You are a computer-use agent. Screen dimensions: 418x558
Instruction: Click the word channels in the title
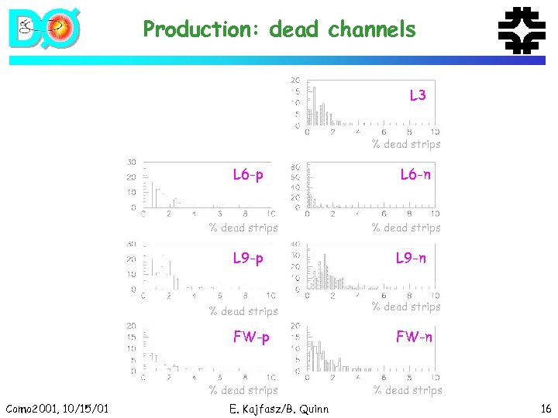(372, 30)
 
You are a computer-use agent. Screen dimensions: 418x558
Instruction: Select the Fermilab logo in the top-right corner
(520, 30)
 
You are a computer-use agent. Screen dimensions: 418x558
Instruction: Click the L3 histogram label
(418, 95)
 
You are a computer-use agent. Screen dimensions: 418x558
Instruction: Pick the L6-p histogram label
(248, 175)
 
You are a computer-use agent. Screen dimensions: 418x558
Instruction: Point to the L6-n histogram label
(415, 175)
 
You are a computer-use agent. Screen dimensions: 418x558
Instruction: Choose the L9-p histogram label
(248, 258)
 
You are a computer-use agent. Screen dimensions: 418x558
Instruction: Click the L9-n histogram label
(411, 258)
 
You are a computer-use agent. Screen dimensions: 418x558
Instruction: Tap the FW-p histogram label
(251, 337)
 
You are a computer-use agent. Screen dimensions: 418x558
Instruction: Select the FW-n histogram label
(414, 337)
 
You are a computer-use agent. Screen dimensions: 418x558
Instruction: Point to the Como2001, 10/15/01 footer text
(57, 408)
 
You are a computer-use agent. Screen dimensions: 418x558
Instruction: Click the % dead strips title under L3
(406, 144)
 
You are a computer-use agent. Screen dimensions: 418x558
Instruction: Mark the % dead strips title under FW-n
(408, 390)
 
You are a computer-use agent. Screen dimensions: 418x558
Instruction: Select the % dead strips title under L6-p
(243, 228)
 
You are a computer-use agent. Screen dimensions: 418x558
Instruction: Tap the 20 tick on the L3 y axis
(295, 80)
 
